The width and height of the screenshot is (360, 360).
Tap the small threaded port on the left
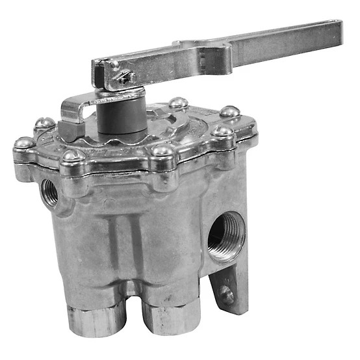[x=49, y=190]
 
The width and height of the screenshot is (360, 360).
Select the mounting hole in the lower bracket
[x=226, y=294]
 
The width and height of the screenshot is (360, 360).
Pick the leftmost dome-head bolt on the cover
[x=24, y=143]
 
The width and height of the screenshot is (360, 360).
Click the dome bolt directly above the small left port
[x=71, y=157]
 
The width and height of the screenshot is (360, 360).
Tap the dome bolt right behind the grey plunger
[x=177, y=103]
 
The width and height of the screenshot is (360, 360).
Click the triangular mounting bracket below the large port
[x=229, y=286]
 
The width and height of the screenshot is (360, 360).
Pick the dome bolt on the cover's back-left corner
[x=44, y=123]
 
